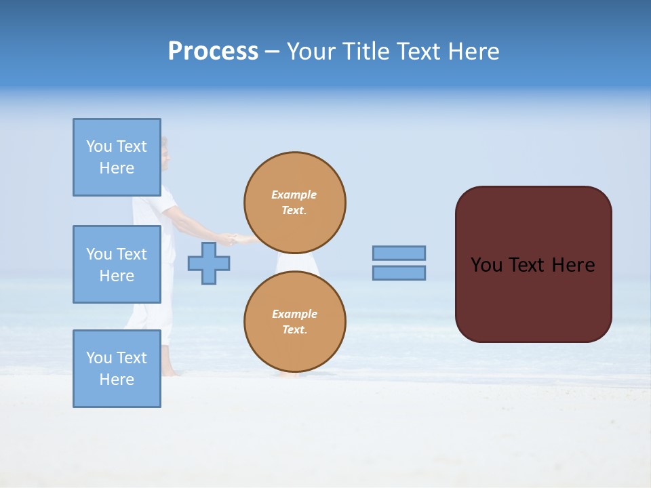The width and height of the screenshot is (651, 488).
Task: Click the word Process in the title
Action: pos(213,52)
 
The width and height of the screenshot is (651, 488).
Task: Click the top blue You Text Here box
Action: pos(117,157)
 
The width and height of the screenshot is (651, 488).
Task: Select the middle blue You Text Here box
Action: pos(117,264)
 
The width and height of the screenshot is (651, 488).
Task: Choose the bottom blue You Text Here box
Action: pos(117,368)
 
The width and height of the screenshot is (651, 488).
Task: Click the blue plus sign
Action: pos(209,264)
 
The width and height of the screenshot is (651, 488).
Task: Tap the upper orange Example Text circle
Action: pos(294,203)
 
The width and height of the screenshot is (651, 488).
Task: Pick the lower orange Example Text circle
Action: pos(294,322)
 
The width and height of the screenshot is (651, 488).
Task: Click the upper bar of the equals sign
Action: pos(399,253)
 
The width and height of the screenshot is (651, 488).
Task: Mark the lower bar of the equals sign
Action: pos(399,272)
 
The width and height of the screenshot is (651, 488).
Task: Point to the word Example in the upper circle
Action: pos(294,195)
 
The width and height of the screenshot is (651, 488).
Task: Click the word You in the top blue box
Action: pos(99,146)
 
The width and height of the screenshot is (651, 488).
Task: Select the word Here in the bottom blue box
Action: pos(117,380)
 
